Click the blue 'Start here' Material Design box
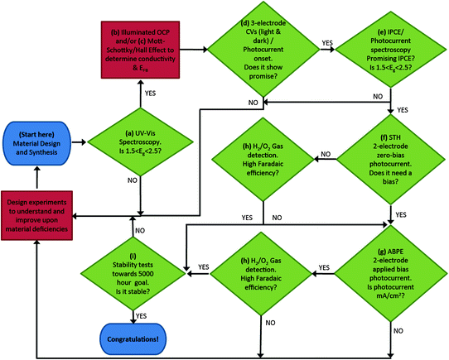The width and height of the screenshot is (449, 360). [x=37, y=142]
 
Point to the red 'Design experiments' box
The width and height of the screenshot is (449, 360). [x=38, y=215]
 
